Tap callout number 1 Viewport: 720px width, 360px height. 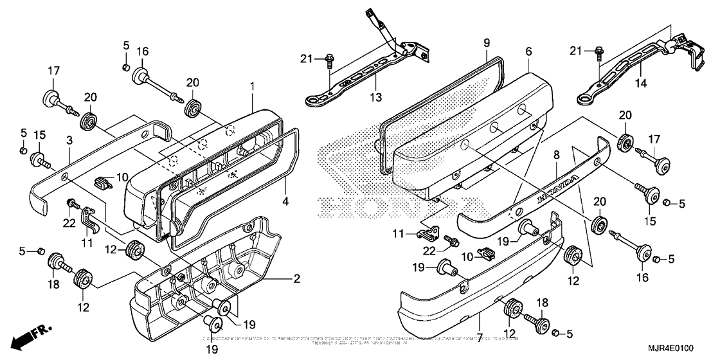click(253, 85)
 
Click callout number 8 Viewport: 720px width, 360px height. click(487, 43)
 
